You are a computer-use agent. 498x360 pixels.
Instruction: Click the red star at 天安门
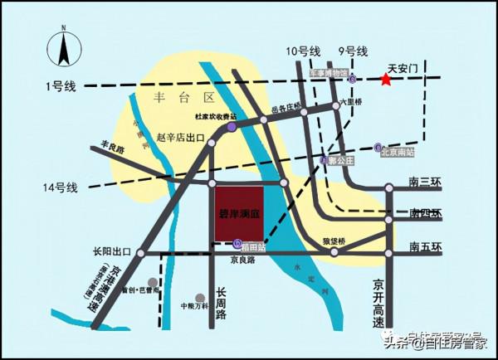point(385,80)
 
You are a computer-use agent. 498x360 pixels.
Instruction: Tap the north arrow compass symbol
point(64,48)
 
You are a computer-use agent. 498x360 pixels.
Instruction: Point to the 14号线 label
point(60,188)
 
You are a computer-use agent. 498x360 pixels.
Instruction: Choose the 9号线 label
point(352,51)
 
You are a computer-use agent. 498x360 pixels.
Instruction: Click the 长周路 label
point(222,303)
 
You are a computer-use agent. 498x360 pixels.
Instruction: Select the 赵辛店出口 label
point(180,137)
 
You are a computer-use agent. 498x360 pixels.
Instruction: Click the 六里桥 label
point(353,105)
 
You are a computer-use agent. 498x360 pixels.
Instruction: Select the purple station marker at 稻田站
point(237,244)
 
